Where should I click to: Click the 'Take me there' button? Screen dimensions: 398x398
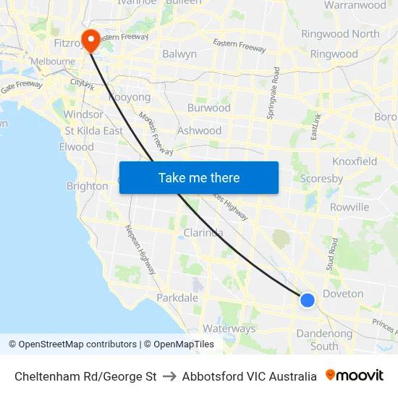(199, 177)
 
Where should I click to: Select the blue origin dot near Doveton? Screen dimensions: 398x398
(308, 300)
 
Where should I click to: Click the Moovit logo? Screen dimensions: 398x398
(355, 376)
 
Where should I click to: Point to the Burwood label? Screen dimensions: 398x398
(208, 108)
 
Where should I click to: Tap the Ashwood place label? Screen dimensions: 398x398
(199, 130)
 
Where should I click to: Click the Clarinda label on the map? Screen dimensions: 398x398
(203, 232)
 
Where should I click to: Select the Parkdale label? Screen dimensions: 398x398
(177, 297)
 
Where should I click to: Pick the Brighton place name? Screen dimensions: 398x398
(87, 186)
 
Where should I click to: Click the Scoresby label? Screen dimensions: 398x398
(321, 178)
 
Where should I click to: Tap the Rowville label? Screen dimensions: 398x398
(350, 207)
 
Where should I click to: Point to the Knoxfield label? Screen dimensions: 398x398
(355, 161)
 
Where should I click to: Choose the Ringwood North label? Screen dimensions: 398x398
(340, 34)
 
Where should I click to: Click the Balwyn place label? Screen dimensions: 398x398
(179, 54)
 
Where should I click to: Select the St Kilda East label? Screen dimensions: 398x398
(94, 131)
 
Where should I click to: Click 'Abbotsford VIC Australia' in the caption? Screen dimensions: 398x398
(249, 376)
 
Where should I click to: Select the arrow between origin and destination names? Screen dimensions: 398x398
(169, 376)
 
